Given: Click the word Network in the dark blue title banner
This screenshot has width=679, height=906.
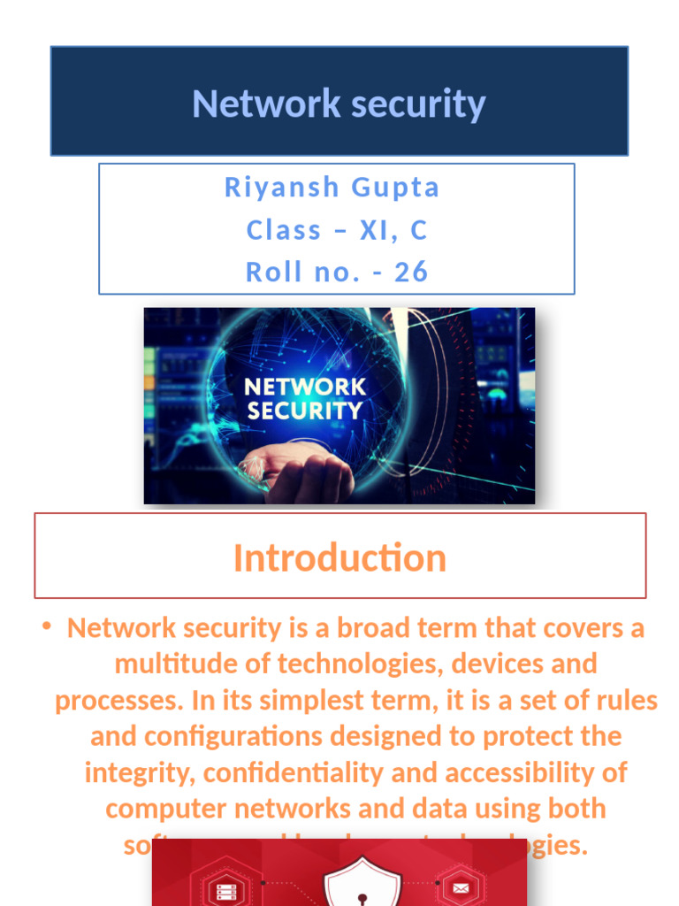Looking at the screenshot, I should point(263,104).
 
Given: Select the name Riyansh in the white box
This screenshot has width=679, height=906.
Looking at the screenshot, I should point(281,188).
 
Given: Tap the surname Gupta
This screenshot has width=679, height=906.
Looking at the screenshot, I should point(395,188).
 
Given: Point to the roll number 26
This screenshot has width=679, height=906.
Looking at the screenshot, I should point(411,272).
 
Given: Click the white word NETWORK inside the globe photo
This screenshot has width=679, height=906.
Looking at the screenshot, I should point(304,387).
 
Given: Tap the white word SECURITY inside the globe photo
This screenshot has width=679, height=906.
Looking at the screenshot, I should point(304,411).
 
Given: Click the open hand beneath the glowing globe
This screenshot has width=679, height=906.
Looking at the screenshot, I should point(301,469).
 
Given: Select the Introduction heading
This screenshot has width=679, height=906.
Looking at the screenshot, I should point(339,557).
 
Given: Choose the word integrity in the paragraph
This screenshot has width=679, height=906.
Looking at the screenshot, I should point(140,772).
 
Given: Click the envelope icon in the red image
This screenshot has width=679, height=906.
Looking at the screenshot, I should point(461,886).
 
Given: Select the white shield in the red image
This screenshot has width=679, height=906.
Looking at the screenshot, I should point(362,885).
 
